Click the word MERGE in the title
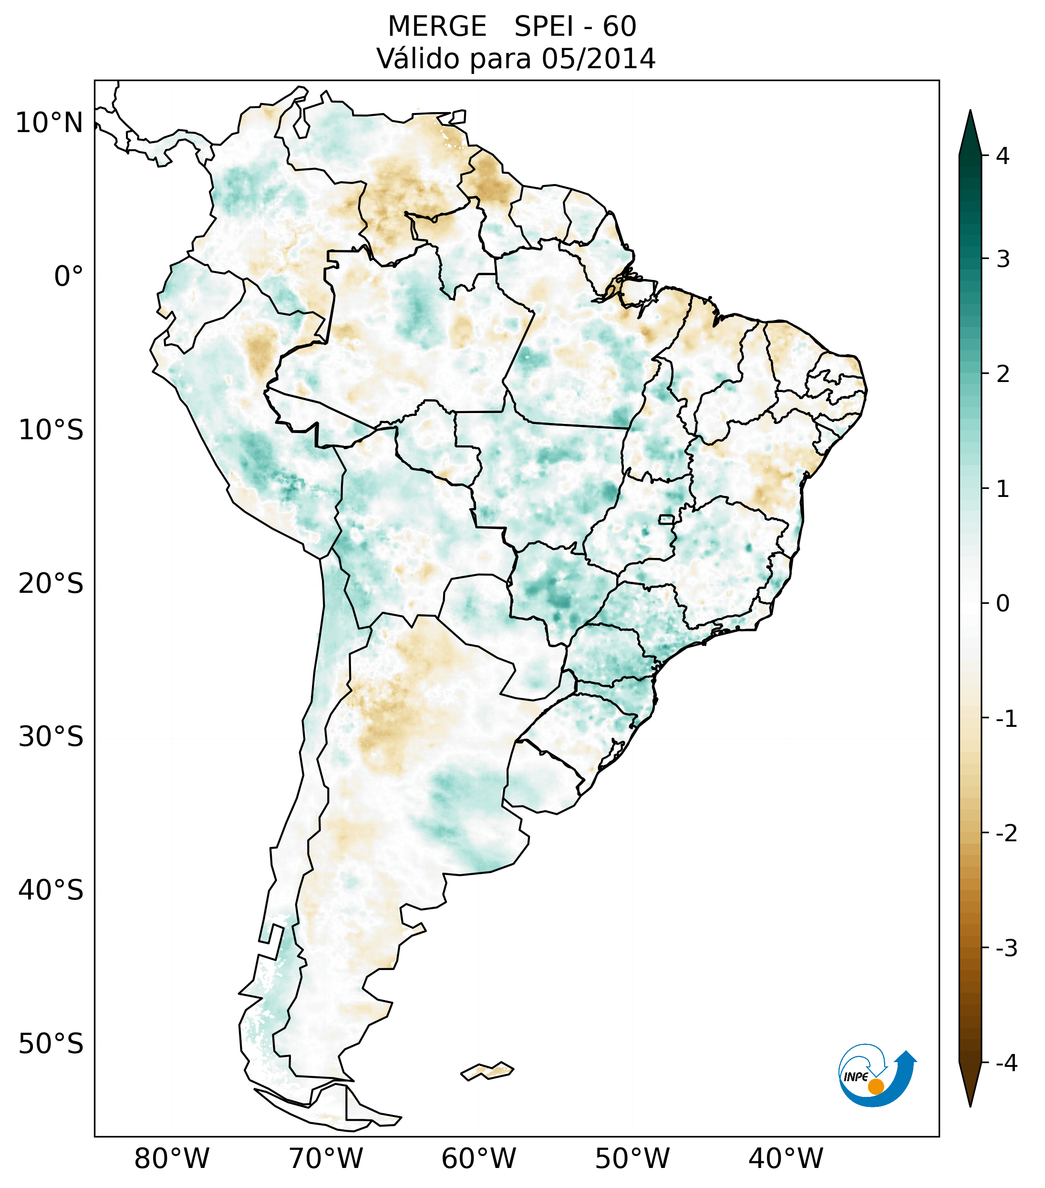click(x=436, y=27)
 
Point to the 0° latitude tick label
click(x=68, y=276)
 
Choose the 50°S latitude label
click(x=51, y=1044)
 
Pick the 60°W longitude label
click(x=478, y=1158)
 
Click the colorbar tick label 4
click(x=1003, y=156)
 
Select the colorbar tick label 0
click(x=1003, y=604)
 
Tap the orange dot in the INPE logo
click(x=876, y=1086)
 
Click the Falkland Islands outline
click(x=487, y=1071)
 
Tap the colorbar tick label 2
click(x=1003, y=374)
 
